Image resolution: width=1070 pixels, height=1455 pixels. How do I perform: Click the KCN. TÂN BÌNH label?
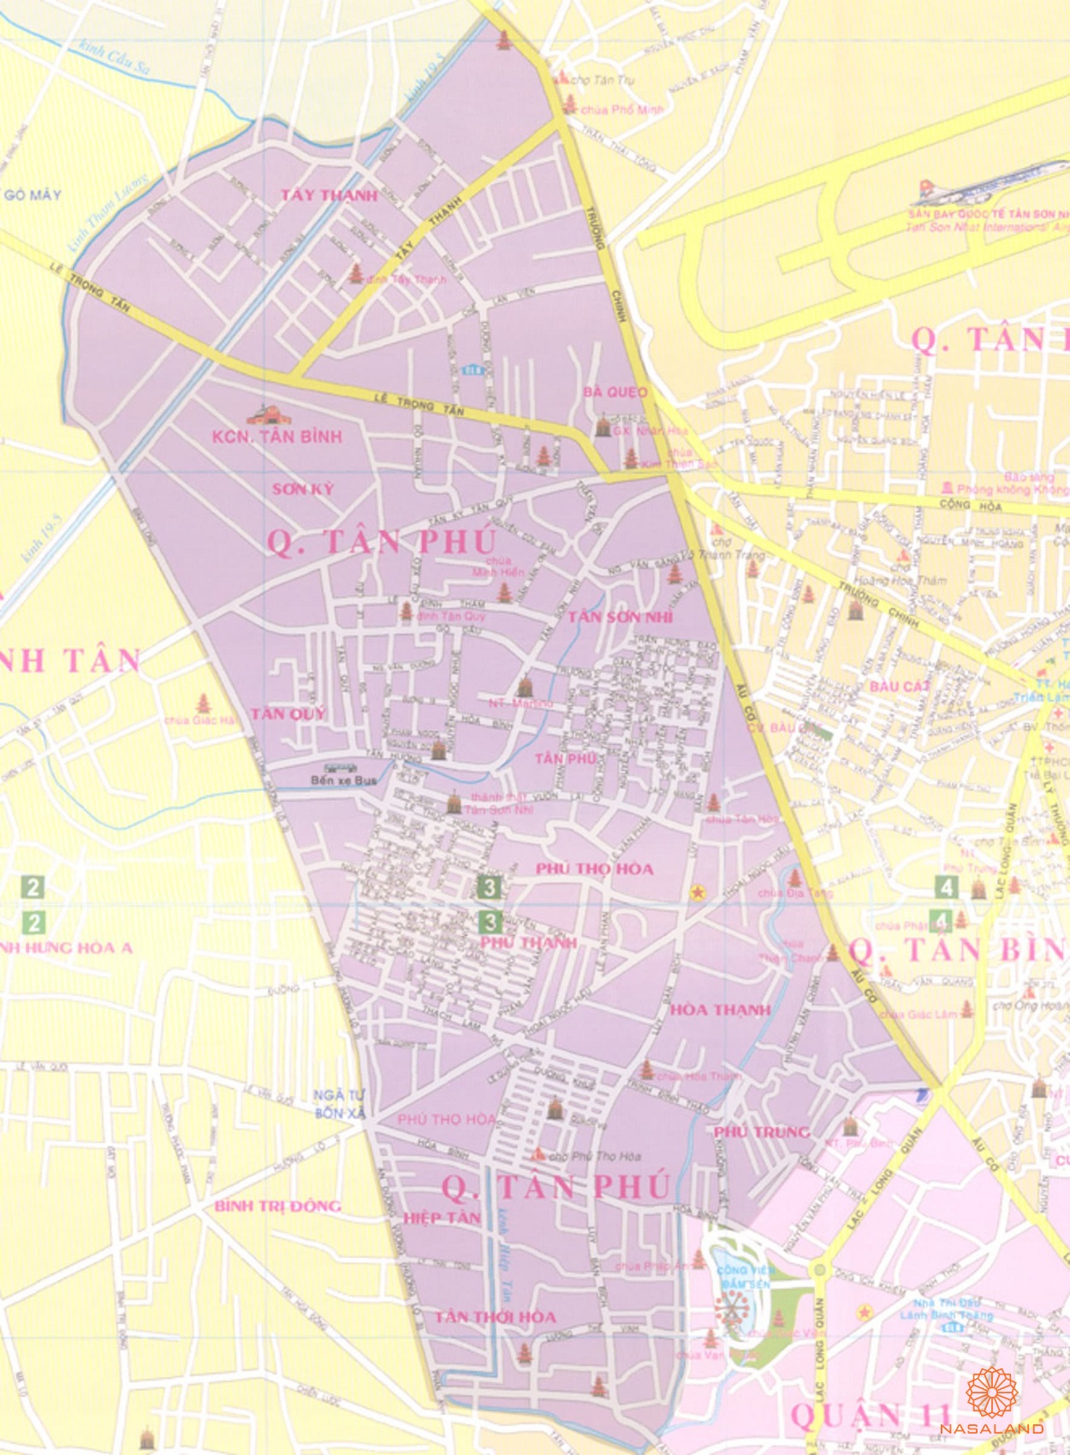click(x=276, y=437)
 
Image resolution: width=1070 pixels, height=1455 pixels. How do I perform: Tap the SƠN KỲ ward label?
click(x=303, y=489)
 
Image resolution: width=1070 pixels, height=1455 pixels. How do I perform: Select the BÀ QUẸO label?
click(x=615, y=392)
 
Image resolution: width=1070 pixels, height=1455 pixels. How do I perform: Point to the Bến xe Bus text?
click(x=344, y=781)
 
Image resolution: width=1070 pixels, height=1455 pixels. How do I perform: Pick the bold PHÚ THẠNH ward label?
click(x=528, y=942)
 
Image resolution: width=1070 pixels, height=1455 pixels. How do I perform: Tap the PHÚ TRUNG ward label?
click(x=762, y=1131)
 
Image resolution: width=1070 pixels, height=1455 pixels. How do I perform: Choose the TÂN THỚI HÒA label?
click(x=495, y=1317)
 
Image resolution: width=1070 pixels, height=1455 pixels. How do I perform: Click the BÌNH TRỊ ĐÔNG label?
click(x=277, y=1206)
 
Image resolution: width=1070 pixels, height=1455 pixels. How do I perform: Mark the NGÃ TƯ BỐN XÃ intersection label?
click(x=340, y=1104)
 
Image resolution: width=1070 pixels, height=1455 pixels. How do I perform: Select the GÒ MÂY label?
click(x=33, y=195)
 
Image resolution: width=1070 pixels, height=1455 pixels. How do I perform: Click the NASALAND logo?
click(x=991, y=1404)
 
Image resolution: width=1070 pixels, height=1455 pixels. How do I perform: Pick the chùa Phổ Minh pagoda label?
click(x=621, y=110)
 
